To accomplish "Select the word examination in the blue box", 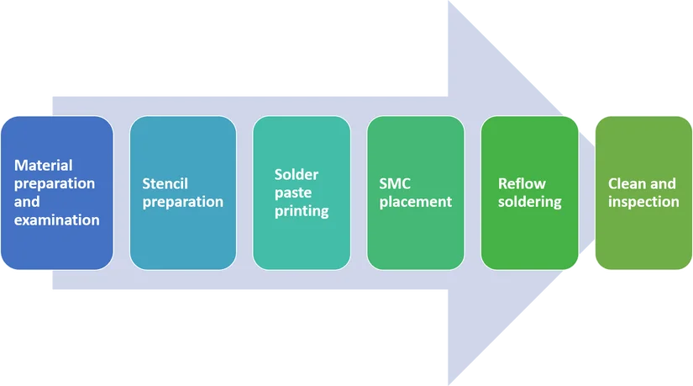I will click(57, 220).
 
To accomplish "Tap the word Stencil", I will click(165, 183).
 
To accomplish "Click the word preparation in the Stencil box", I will click(183, 202).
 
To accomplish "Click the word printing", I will click(302, 211).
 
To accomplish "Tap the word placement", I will click(416, 202).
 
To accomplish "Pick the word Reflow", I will click(521, 183).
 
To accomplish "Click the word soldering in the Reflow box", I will click(529, 202).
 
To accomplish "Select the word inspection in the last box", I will click(643, 202).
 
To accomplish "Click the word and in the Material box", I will click(28, 202).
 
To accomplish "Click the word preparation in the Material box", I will click(55, 183).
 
